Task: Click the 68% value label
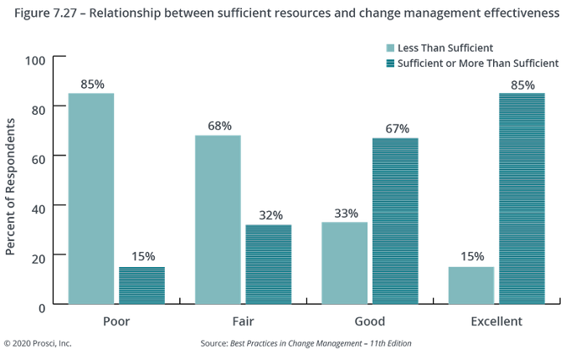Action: click(218, 126)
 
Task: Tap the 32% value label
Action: click(268, 214)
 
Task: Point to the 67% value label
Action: click(395, 128)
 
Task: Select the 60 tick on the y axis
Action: click(39, 157)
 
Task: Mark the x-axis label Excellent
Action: click(496, 321)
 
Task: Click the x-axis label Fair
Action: click(243, 321)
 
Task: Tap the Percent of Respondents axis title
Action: click(11, 186)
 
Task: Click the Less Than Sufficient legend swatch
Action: click(388, 48)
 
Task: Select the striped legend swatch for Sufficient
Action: click(388, 63)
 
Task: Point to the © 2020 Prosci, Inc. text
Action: click(39, 343)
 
